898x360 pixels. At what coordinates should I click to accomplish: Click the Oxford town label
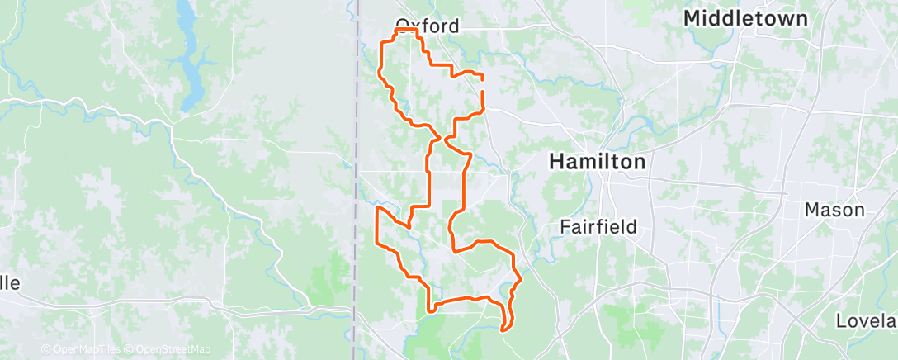427,26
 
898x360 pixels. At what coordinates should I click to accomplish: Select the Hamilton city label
598,162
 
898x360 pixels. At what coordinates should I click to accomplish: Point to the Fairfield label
598,226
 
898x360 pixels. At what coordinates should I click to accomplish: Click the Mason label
834,210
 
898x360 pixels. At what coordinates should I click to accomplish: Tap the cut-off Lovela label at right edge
866,320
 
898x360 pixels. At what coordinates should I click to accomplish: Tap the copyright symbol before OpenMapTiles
45,349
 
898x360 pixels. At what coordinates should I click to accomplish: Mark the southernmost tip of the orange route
503,330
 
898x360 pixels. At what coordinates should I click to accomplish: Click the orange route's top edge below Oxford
404,30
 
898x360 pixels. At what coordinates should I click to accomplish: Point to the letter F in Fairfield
565,226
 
